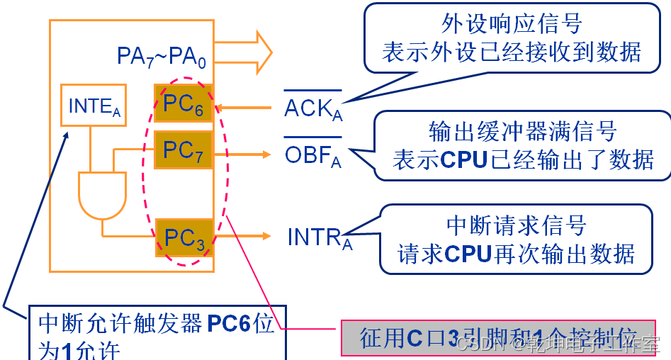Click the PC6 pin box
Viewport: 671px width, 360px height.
[184, 104]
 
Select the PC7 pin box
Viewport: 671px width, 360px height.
[184, 150]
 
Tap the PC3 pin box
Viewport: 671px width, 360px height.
[184, 238]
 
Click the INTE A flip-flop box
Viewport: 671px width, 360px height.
[94, 106]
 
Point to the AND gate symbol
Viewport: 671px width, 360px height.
[102, 193]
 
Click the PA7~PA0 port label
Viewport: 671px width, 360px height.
[161, 57]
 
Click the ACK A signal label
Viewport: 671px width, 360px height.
[312, 108]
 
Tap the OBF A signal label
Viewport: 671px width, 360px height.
[312, 155]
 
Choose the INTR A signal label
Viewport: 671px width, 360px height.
[320, 237]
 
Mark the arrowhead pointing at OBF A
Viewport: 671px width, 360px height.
[267, 154]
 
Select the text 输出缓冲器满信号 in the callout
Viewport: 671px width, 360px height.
[522, 131]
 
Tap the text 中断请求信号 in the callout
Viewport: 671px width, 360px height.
[516, 225]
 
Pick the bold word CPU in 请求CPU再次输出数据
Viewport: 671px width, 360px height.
[468, 254]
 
